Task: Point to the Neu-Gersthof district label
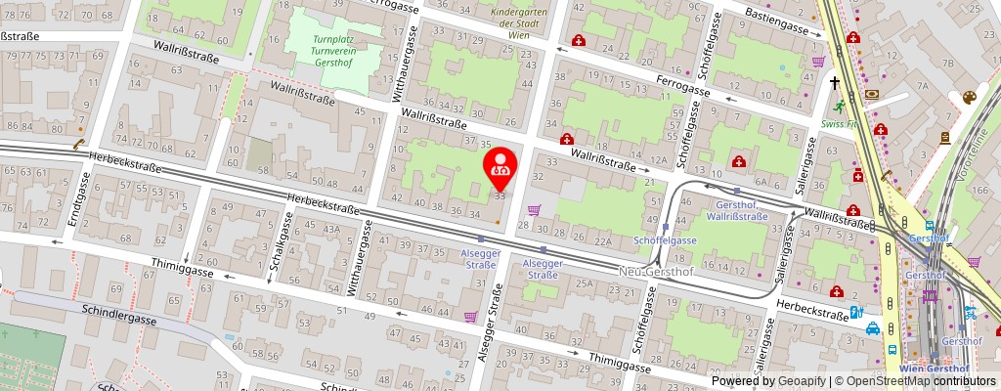pos(656,271)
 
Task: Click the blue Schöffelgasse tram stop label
pos(665,239)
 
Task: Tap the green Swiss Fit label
pos(839,124)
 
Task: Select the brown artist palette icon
pos(969,98)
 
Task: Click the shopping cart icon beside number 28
pos(534,210)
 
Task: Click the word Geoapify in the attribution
pos(799,381)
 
